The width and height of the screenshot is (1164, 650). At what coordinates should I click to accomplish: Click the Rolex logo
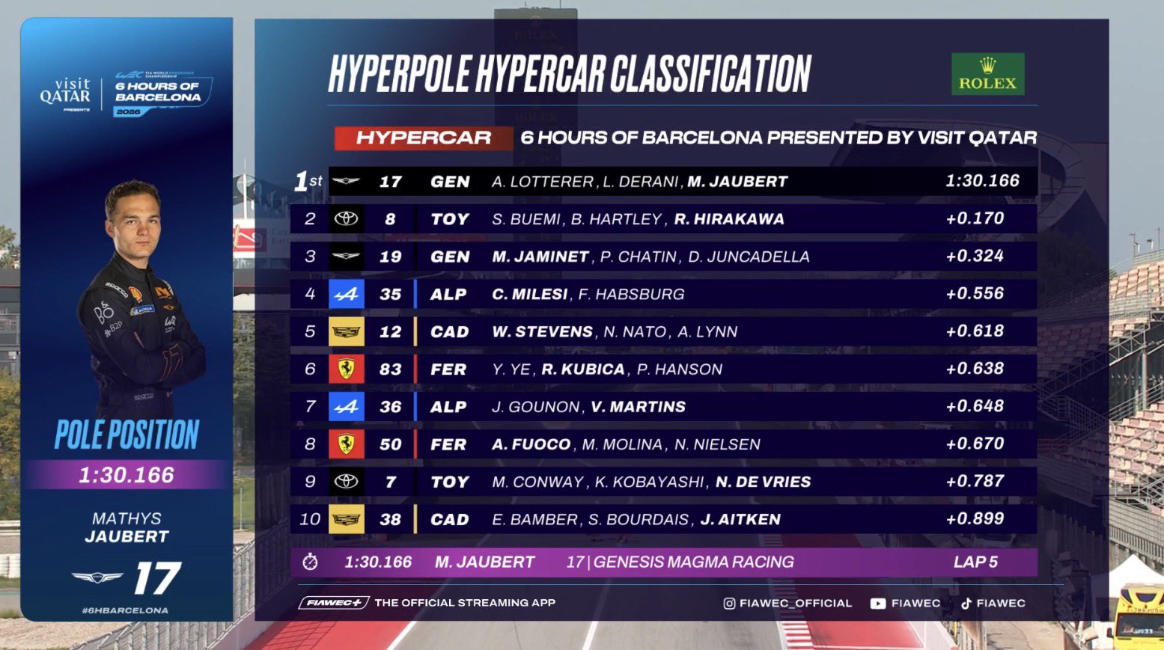pos(987,74)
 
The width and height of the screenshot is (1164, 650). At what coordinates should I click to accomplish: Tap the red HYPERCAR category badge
pos(423,138)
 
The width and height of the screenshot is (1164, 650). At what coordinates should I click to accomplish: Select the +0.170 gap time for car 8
pos(975,218)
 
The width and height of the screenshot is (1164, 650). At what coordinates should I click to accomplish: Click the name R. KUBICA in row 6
pos(583,369)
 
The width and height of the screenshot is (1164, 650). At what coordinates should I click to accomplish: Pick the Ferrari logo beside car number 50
pos(346,444)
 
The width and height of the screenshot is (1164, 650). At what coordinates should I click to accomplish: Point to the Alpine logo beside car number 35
pos(346,295)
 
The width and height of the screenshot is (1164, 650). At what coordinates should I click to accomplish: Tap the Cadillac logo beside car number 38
pos(346,519)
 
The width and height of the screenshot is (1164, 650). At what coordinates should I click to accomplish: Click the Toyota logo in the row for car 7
pos(346,482)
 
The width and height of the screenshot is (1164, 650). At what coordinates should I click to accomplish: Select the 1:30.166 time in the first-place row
pos(982,181)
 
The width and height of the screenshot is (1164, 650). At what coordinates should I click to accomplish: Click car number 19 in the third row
pos(390,257)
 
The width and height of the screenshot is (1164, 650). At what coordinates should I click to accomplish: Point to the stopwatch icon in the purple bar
pos(310,562)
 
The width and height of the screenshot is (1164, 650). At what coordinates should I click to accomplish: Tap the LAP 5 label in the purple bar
pos(975,562)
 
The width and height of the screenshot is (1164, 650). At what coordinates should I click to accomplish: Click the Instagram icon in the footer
pos(729,604)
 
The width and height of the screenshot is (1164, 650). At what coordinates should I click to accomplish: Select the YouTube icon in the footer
pos(877,604)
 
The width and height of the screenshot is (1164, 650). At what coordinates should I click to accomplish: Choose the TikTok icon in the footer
pos(966,604)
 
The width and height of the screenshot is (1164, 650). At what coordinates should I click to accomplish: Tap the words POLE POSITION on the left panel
pos(127,435)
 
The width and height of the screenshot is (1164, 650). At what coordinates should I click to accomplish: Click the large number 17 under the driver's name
pos(157,578)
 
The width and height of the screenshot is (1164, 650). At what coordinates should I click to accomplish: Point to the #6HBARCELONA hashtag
pos(125,610)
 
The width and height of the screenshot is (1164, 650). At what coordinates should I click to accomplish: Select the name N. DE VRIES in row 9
pos(763,482)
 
